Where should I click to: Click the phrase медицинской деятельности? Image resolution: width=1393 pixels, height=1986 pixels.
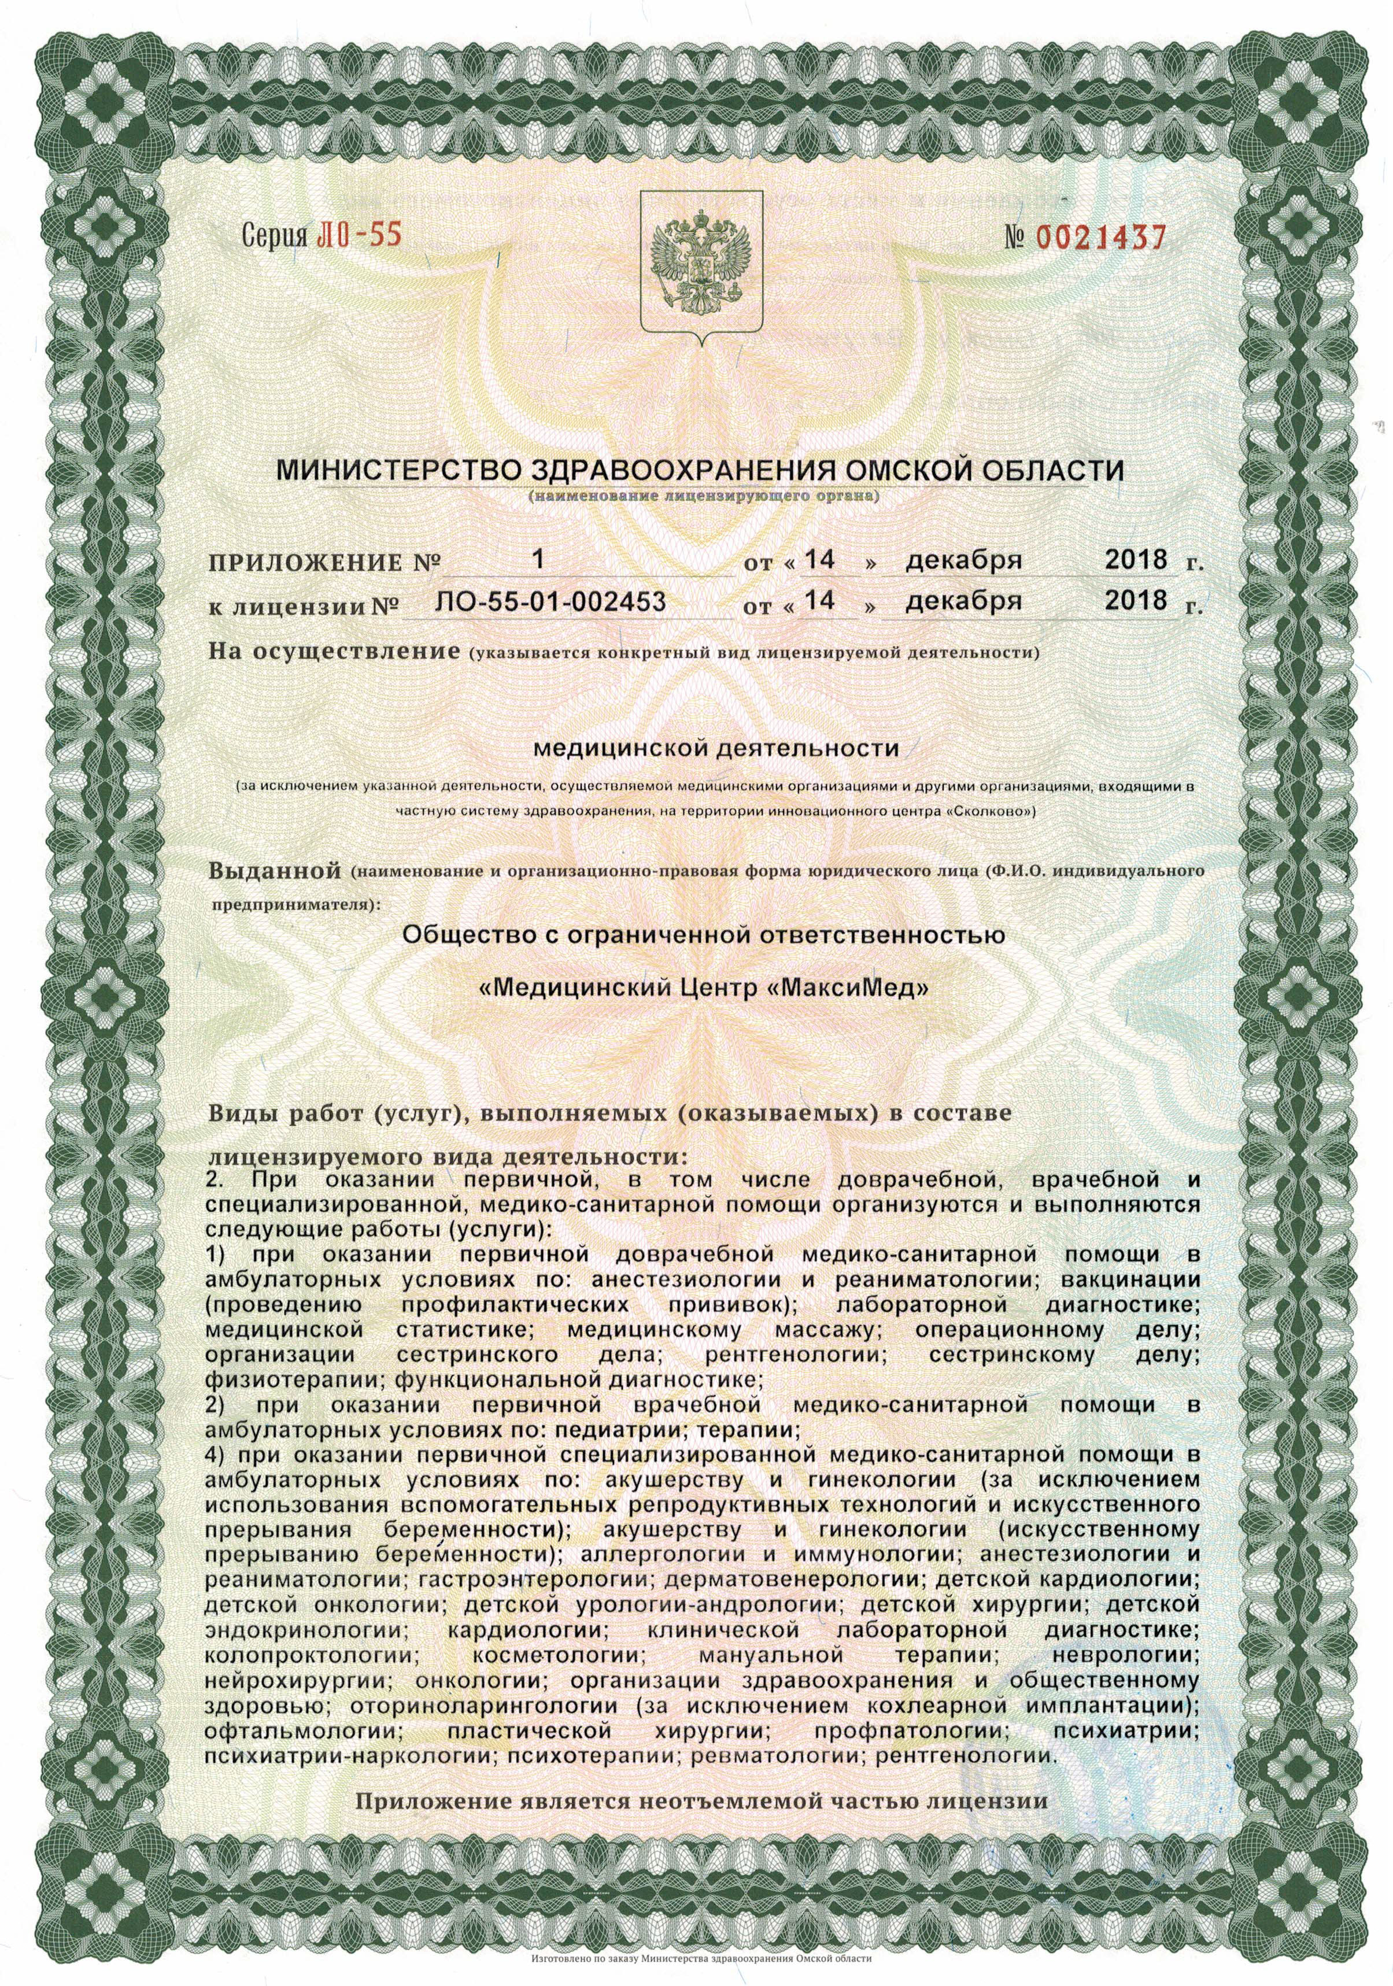[695, 748]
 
